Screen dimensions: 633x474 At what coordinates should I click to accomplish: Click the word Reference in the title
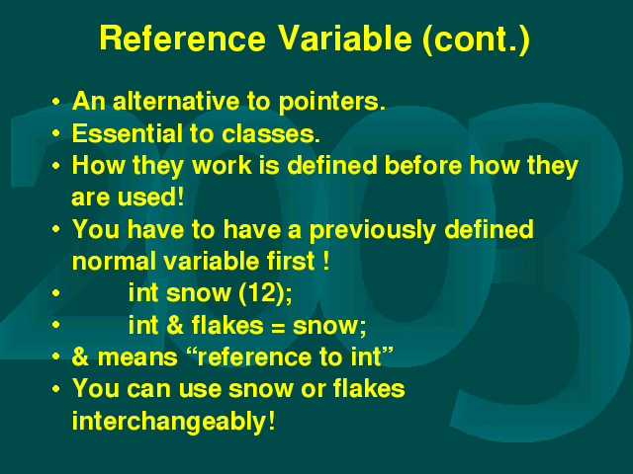pos(183,39)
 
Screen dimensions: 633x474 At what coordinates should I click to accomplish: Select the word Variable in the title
pos(344,39)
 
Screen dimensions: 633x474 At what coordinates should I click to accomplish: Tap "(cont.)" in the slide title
pos(476,39)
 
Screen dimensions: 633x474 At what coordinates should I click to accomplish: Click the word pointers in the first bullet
pos(331,102)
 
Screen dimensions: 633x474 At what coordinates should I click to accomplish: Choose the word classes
pos(271,133)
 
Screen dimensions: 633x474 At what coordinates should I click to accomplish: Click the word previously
pos(372,230)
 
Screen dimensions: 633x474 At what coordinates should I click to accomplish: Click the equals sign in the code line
pos(278,327)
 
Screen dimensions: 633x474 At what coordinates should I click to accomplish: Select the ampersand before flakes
pos(175,325)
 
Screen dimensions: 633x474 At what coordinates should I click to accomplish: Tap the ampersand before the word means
pos(80,357)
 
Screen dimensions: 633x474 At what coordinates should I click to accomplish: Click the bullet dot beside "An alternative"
pos(56,101)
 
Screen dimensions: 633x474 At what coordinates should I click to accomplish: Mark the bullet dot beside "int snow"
pos(56,293)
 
